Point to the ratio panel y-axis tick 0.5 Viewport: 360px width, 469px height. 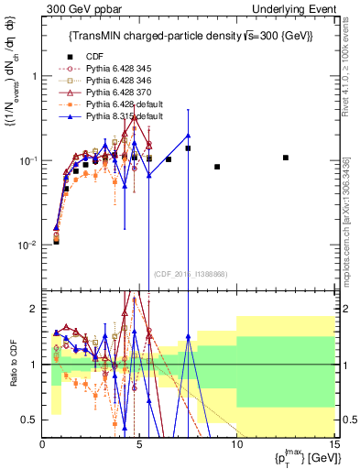[x=33, y=420]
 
